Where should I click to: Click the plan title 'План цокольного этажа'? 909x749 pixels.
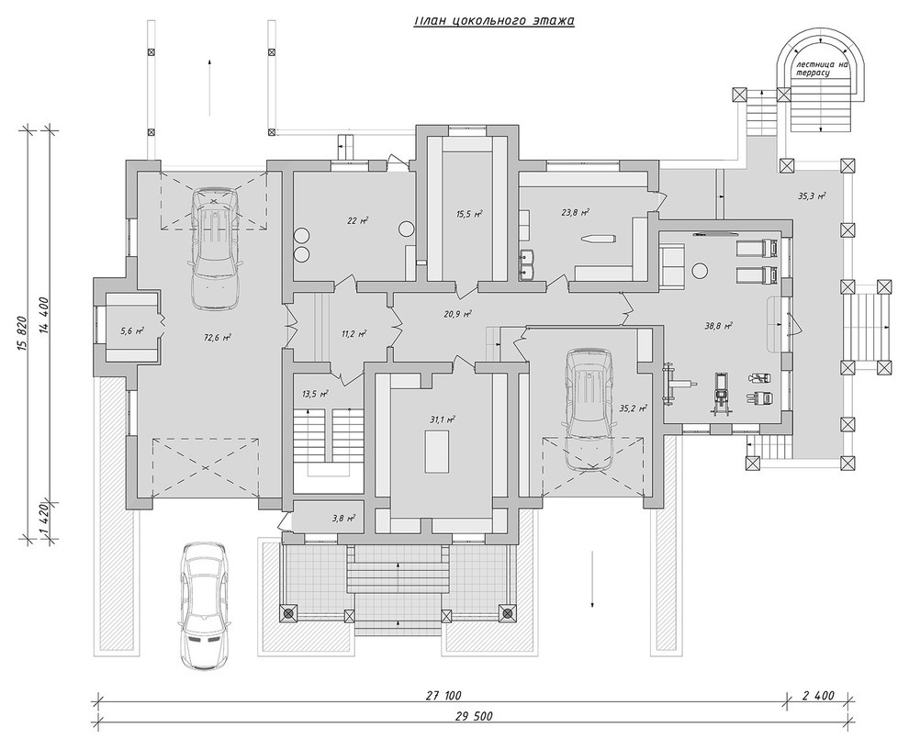(494, 21)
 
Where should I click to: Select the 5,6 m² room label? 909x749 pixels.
(131, 331)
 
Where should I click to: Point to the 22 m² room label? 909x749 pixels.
(358, 220)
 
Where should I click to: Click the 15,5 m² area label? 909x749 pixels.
(470, 214)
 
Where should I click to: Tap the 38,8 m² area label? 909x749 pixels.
(718, 326)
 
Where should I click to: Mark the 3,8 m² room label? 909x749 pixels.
(344, 519)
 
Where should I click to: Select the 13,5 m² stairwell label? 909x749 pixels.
(315, 394)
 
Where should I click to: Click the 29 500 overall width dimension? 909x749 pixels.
(474, 717)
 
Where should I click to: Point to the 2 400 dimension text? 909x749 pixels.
(819, 696)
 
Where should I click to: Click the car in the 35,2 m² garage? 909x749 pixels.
(590, 408)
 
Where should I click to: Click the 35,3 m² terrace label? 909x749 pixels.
(813, 196)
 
